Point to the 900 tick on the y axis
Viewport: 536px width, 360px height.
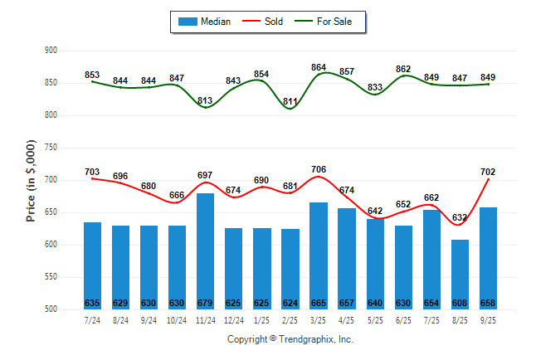click(x=51, y=51)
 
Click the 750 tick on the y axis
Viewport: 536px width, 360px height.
click(x=51, y=148)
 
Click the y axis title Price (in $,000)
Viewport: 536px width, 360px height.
click(x=31, y=180)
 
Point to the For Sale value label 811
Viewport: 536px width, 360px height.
click(x=290, y=101)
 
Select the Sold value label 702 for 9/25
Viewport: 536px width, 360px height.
click(x=489, y=172)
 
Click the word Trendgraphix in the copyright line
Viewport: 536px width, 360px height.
click(x=305, y=339)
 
